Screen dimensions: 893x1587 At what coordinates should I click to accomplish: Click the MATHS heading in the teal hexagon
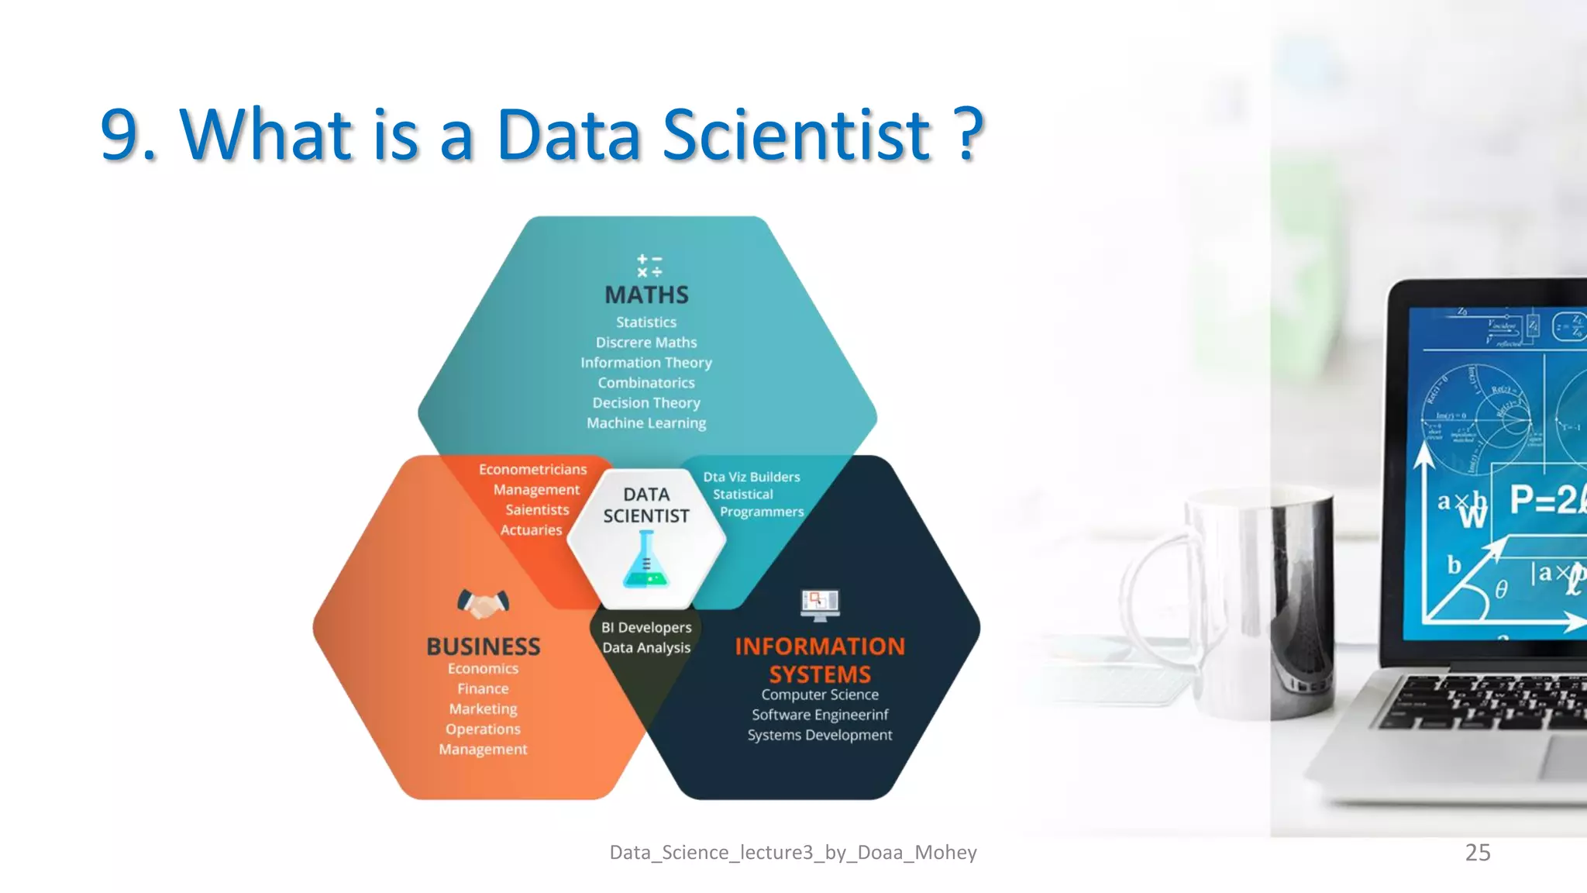(x=646, y=295)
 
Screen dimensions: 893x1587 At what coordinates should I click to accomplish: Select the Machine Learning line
(x=646, y=423)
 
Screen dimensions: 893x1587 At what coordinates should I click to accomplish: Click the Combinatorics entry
(x=646, y=383)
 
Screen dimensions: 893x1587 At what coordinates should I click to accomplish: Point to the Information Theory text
(x=646, y=363)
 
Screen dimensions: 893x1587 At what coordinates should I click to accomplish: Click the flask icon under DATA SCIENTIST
(x=645, y=560)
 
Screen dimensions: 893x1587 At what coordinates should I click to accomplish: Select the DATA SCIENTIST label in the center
(x=646, y=505)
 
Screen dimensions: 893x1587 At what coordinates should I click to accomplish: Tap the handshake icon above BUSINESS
(x=483, y=603)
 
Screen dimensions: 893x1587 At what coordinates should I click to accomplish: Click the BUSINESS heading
(x=484, y=646)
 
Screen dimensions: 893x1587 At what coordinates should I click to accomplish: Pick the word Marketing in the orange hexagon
(x=483, y=709)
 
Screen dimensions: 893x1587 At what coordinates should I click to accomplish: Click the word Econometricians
(x=532, y=470)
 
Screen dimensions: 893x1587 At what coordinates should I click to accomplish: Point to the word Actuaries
(x=531, y=530)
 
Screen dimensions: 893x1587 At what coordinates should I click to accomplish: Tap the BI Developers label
(x=646, y=628)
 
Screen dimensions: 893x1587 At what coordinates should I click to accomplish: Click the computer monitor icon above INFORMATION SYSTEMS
(x=820, y=605)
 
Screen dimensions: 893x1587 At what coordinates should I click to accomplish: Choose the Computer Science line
(x=820, y=695)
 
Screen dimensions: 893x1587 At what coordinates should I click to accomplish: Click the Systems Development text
(x=820, y=736)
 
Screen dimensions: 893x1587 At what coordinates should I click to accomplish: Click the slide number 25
(x=1477, y=853)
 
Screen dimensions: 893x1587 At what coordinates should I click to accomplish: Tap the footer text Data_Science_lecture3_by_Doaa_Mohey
(x=793, y=853)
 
